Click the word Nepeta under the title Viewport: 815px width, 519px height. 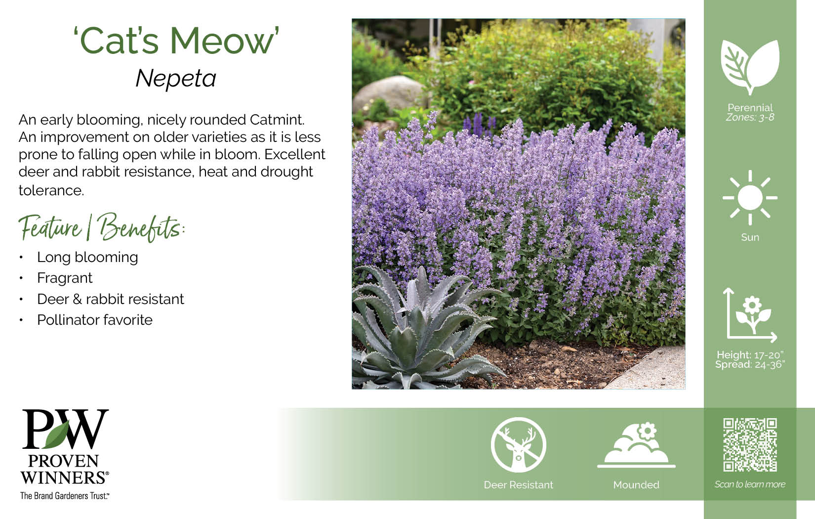(176, 79)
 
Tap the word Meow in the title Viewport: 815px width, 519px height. (222, 41)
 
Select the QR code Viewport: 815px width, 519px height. (750, 445)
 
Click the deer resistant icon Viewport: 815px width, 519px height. (519, 445)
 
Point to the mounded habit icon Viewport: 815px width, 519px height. (636, 445)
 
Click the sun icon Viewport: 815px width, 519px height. (750, 198)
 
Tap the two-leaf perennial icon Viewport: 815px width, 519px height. (750, 67)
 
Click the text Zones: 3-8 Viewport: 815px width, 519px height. (750, 117)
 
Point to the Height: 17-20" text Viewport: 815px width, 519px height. (750, 354)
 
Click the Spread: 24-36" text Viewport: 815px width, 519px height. (750, 365)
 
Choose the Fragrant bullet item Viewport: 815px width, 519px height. (65, 278)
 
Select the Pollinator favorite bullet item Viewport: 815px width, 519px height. (95, 320)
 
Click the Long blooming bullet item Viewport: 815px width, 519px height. (87, 257)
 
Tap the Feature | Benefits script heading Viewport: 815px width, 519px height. (102, 227)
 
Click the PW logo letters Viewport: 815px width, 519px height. (65, 429)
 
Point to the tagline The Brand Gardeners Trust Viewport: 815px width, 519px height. (65, 496)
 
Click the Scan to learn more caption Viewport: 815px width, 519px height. (750, 484)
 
